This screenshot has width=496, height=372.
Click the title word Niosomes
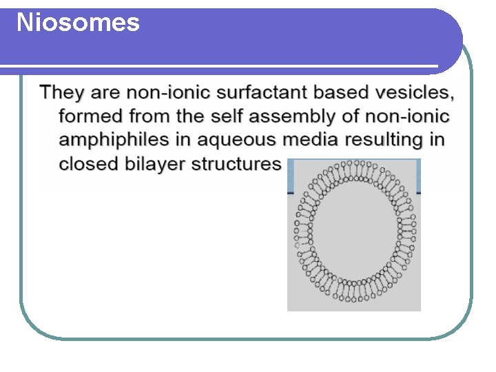pyautogui.click(x=78, y=23)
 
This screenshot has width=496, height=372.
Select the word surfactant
pyautogui.click(x=265, y=92)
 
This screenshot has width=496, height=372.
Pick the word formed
pyautogui.click(x=90, y=116)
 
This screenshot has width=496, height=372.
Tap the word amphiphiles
pyautogui.click(x=114, y=140)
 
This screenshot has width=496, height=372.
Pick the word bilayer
pyautogui.click(x=155, y=164)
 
